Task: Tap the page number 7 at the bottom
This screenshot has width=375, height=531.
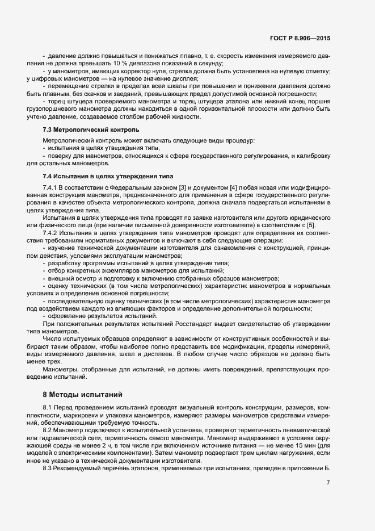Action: coord(328,483)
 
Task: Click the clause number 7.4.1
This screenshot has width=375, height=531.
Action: coord(50,187)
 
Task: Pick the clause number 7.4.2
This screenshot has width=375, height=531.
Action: coord(50,233)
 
